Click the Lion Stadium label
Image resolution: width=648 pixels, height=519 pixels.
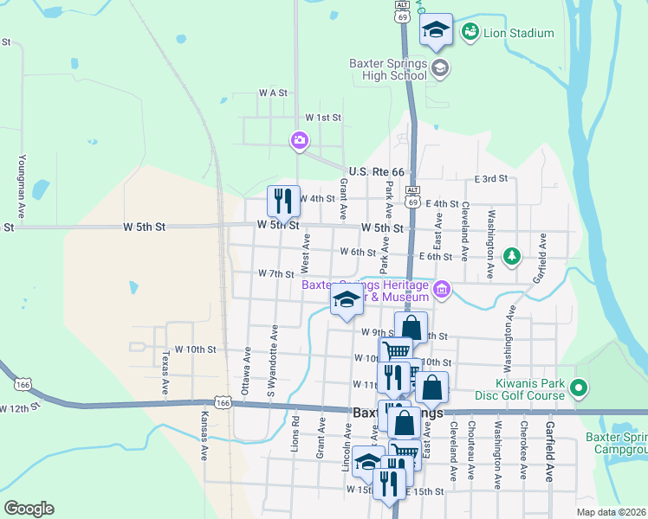pyautogui.click(x=519, y=34)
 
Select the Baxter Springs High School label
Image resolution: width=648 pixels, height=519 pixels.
pyautogui.click(x=388, y=69)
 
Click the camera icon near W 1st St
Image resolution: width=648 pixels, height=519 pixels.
pyautogui.click(x=300, y=140)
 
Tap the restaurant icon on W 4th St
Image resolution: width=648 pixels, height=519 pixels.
pyautogui.click(x=283, y=202)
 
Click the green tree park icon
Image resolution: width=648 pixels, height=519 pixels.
pyautogui.click(x=513, y=255)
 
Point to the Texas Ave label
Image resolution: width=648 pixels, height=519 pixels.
pyautogui.click(x=165, y=369)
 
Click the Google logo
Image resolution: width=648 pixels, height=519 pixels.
pyautogui.click(x=29, y=509)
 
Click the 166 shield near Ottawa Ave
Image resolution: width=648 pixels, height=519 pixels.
pyautogui.click(x=224, y=402)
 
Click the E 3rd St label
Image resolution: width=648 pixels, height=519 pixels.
pyautogui.click(x=491, y=179)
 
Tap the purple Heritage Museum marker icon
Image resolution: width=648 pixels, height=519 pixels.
pyautogui.click(x=443, y=290)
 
